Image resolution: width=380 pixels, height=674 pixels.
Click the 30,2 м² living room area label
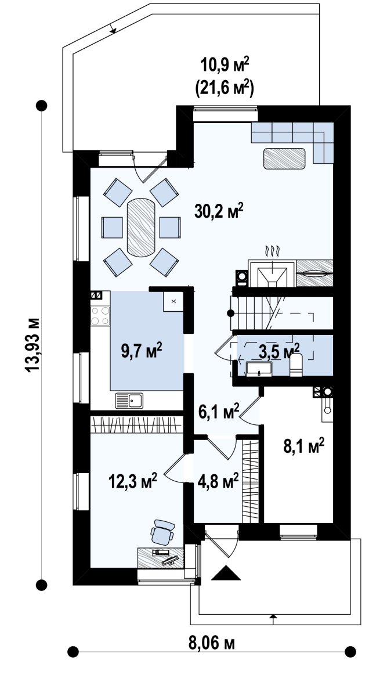pyautogui.click(x=219, y=211)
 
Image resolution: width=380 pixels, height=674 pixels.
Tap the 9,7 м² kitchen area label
pyautogui.click(x=142, y=352)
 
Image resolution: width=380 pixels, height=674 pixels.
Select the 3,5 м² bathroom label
pyautogui.click(x=279, y=351)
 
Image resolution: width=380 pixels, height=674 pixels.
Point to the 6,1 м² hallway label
pyautogui.click(x=219, y=412)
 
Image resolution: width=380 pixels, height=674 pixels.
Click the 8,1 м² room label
pyautogui.click(x=303, y=446)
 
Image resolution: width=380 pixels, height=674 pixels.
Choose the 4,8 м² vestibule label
pyautogui.click(x=218, y=481)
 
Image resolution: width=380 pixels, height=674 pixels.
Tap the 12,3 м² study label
pyautogui.click(x=132, y=480)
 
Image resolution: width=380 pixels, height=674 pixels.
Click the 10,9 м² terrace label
pyautogui.click(x=225, y=66)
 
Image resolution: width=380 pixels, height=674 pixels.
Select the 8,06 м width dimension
pyautogui.click(x=212, y=643)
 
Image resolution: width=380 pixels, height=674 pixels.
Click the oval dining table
pyautogui.click(x=141, y=228)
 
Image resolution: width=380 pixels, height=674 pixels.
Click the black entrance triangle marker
pyautogui.click(x=226, y=574)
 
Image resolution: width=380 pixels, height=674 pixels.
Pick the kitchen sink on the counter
pyautogui.click(x=129, y=401)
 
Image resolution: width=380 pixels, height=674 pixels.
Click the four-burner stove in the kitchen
pyautogui.click(x=100, y=315)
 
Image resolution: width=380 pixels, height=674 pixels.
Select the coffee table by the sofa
pyautogui.click(x=284, y=158)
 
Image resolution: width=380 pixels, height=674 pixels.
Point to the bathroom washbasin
pyautogui.click(x=259, y=369)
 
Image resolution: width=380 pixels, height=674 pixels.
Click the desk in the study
pyautogui.click(x=161, y=557)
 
